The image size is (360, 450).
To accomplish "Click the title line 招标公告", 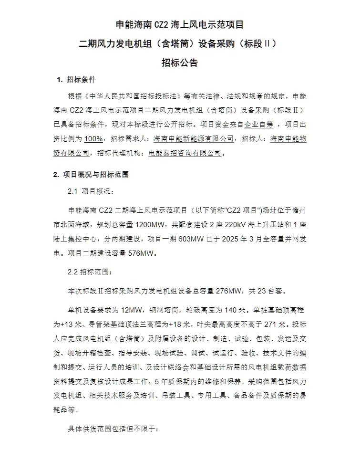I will click(x=180, y=63).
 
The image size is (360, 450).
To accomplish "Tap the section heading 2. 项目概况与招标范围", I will click(x=91, y=175).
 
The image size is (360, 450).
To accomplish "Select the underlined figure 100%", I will click(x=94, y=138).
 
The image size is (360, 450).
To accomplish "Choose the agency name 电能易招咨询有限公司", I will click(x=185, y=153).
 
